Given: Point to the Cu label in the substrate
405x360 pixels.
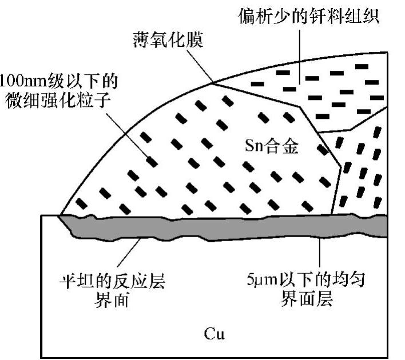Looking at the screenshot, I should (x=214, y=333).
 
